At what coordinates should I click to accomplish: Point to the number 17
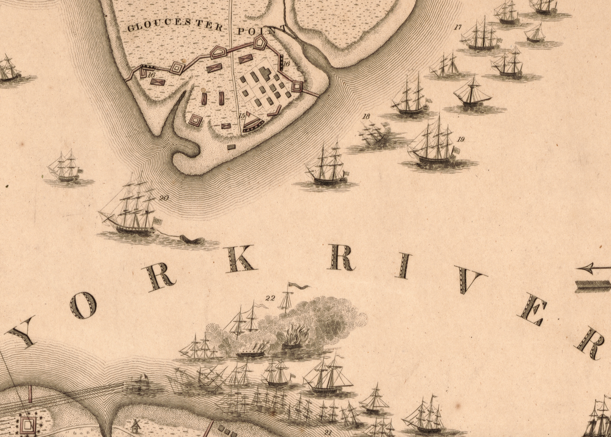(x=458, y=27)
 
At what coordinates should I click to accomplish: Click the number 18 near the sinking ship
(x=366, y=116)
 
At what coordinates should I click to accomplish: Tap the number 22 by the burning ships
(x=270, y=297)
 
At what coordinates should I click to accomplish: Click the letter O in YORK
(x=83, y=305)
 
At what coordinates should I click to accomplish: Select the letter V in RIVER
(x=468, y=281)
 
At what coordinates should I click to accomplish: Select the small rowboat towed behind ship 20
(x=191, y=239)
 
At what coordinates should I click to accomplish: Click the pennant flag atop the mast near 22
(x=298, y=286)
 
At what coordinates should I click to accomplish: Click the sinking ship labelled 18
(x=376, y=134)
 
